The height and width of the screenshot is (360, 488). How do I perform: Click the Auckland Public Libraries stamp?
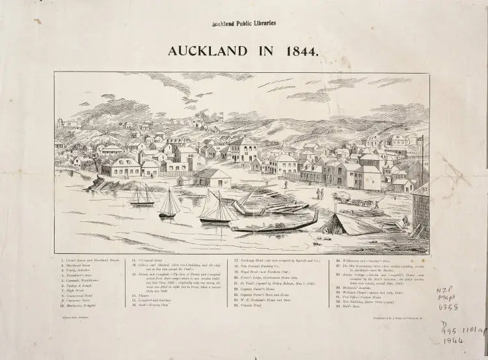click(x=243, y=23)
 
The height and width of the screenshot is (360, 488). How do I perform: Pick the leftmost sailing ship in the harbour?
click(x=142, y=195)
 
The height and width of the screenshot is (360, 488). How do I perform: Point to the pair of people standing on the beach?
click(x=319, y=193)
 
